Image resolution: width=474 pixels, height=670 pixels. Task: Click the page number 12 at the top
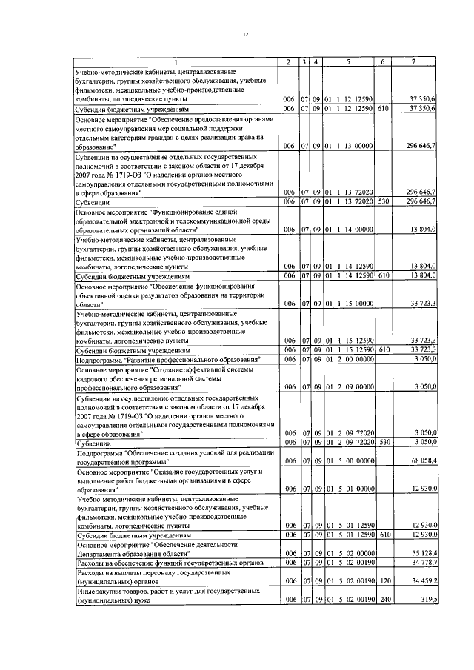(244, 34)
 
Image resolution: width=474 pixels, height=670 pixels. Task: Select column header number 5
(348, 61)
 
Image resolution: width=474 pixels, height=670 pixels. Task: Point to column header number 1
(176, 61)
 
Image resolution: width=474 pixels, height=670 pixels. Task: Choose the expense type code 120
(383, 582)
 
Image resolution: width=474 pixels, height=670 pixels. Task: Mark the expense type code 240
(383, 600)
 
